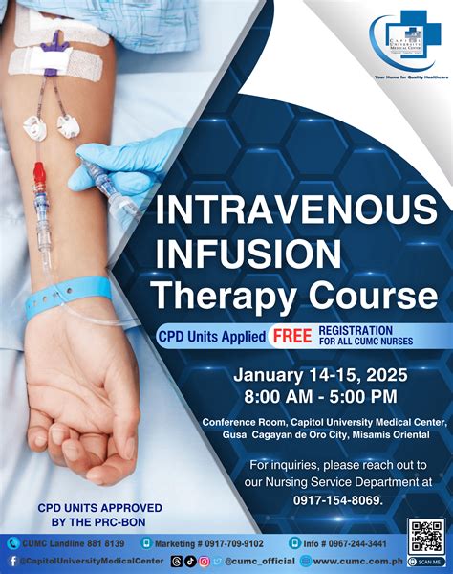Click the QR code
424,537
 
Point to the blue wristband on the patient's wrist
67,298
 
